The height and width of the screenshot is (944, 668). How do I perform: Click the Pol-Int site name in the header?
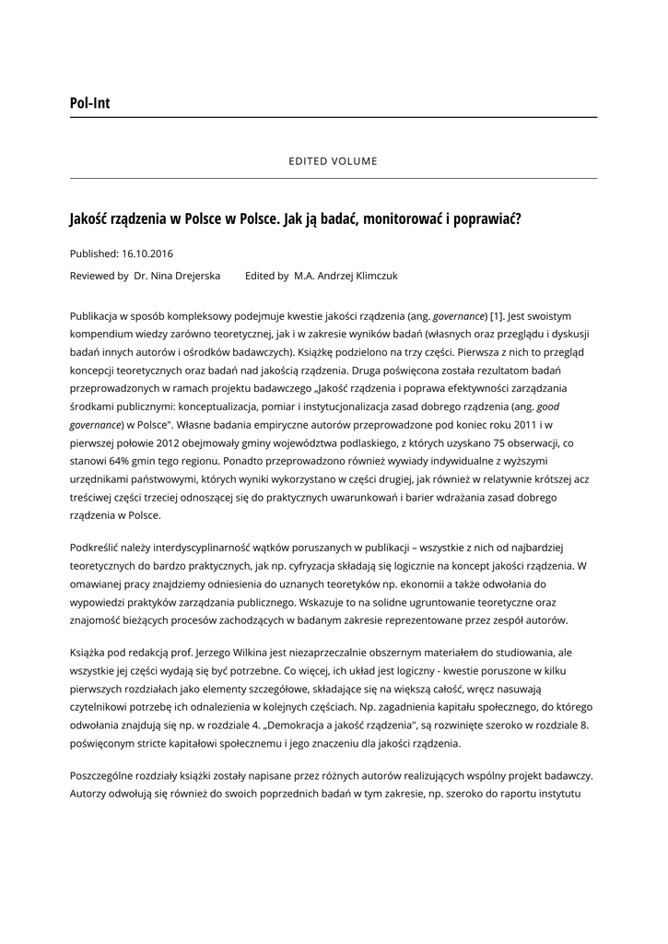pyautogui.click(x=89, y=103)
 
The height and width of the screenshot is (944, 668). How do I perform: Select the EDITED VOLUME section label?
pyautogui.click(x=333, y=161)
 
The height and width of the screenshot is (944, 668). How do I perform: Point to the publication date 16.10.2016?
pyautogui.click(x=147, y=254)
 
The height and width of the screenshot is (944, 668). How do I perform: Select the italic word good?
pyautogui.click(x=548, y=405)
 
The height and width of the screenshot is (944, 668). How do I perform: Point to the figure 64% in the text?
pyautogui.click(x=135, y=460)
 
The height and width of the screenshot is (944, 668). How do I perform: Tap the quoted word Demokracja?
pyautogui.click(x=298, y=726)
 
